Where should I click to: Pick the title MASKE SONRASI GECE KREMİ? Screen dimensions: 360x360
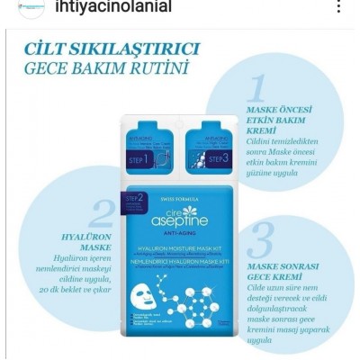pyautogui.click(x=276, y=272)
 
